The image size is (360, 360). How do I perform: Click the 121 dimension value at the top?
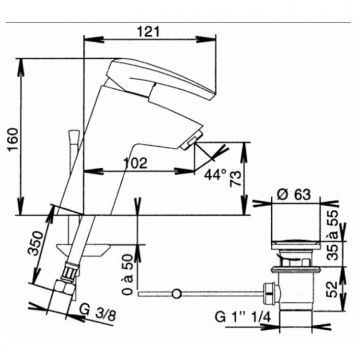[x=149, y=32]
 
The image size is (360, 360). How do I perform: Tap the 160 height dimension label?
[x=14, y=139]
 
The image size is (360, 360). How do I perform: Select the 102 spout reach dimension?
[x=135, y=163]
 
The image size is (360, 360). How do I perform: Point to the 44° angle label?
[x=215, y=174]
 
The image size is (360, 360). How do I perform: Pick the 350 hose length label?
[x=36, y=243]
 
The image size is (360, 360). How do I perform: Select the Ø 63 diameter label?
[x=294, y=194]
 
